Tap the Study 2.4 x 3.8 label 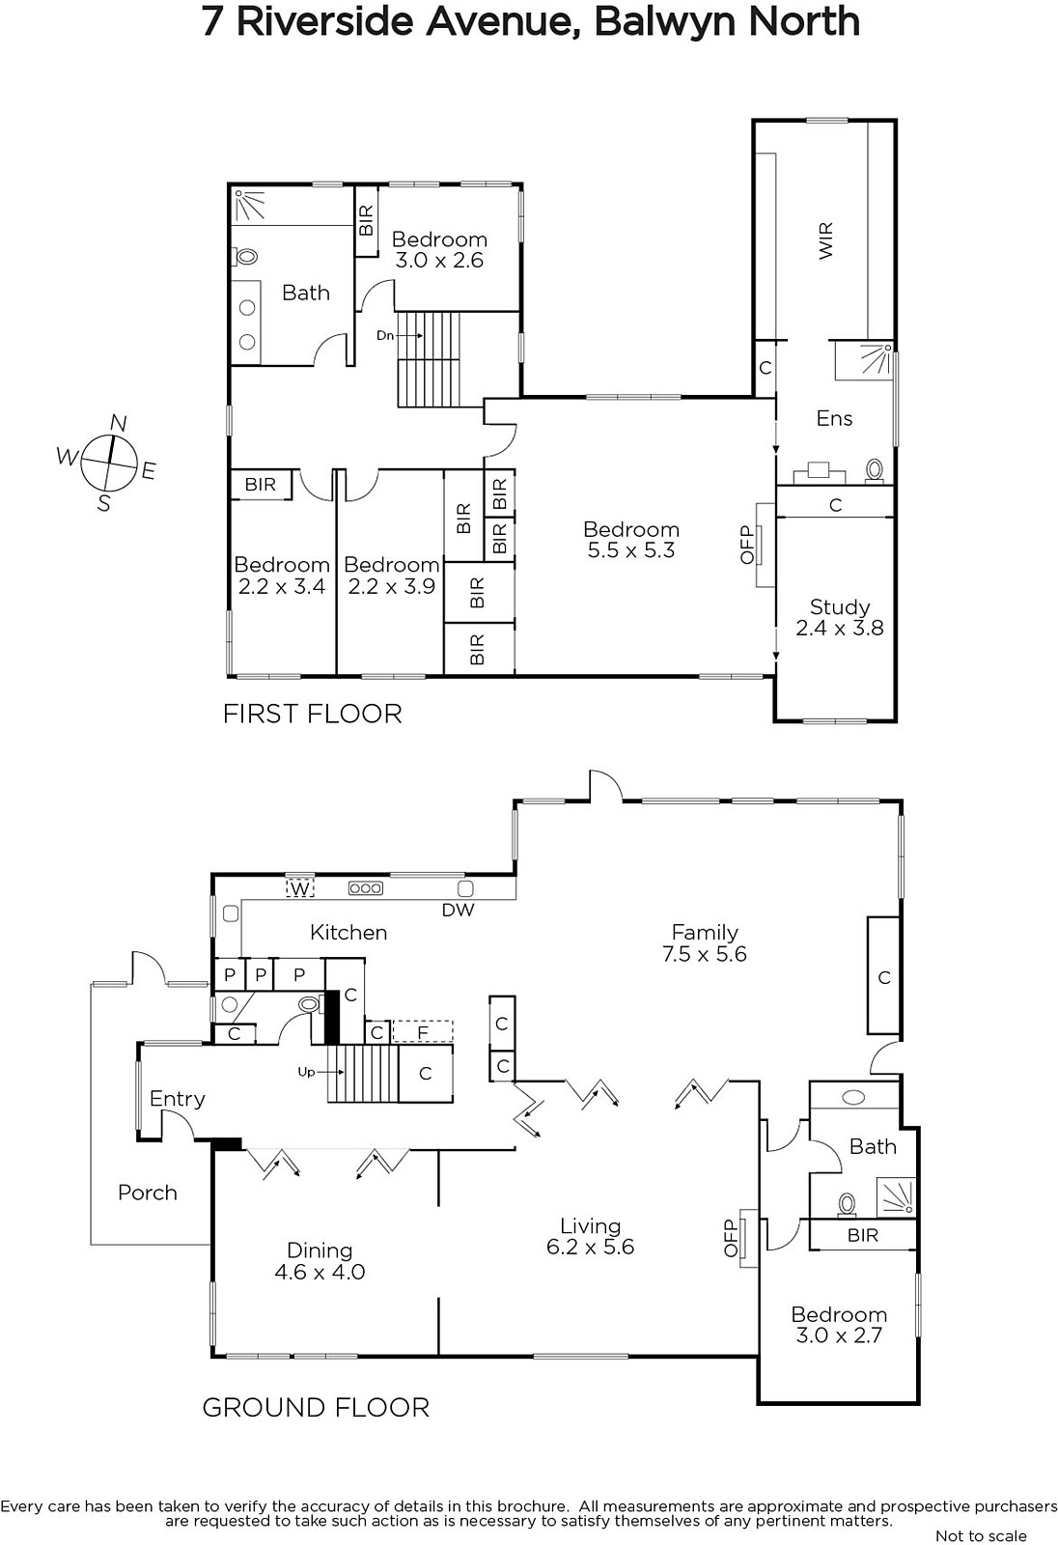pos(840,617)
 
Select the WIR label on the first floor pos(825,240)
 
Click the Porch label pos(148,1193)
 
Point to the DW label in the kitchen pos(458,910)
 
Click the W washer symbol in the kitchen pos(300,888)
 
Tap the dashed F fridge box pos(423,1032)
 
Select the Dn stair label pos(385,336)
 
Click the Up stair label pos(306,1072)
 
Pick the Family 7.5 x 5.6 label pos(705,942)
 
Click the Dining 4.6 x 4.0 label pos(320,1261)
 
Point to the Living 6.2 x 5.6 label pos(591,1236)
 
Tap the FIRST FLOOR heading pos(313,714)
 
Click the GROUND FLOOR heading pos(316,1408)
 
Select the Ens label pos(835,418)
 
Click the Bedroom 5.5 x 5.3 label pos(631,540)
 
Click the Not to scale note pos(981,1535)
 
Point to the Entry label pos(178,1100)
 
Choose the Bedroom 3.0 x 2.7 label pos(839,1324)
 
